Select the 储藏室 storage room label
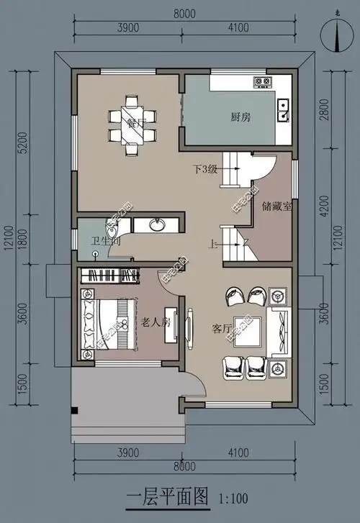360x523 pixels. click(x=277, y=206)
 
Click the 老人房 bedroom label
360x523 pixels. click(x=156, y=321)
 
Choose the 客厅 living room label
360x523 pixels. click(x=222, y=328)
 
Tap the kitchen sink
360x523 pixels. click(x=284, y=109)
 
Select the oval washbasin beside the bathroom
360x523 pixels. click(x=158, y=225)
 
